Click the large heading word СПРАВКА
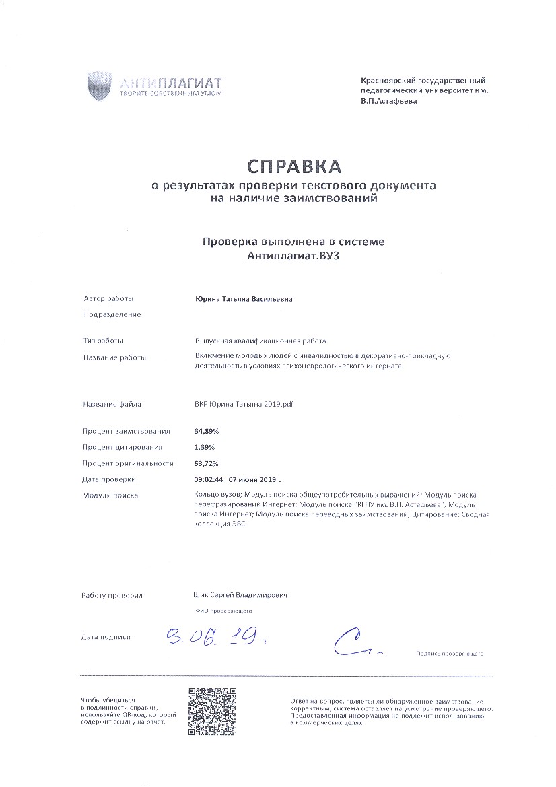click(294, 166)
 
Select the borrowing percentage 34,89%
click(207, 431)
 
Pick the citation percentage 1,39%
click(205, 447)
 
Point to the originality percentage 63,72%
click(207, 463)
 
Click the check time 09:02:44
click(208, 479)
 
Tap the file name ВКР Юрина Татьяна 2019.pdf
click(244, 405)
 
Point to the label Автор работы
click(108, 299)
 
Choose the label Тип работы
click(103, 341)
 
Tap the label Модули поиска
click(110, 495)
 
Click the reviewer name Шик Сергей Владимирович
click(240, 596)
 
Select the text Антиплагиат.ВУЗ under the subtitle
click(294, 256)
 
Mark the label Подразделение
click(112, 314)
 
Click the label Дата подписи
click(106, 636)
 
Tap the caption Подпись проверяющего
click(450, 654)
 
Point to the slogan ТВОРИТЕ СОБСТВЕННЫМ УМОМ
click(170, 93)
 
